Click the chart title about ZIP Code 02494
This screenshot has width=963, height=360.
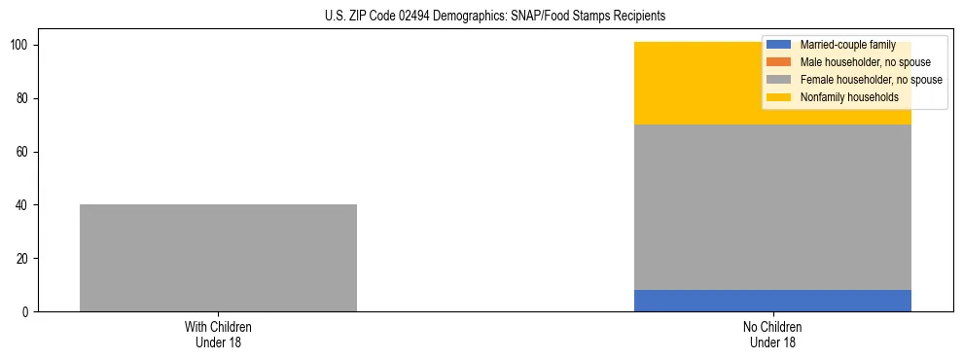click(x=495, y=17)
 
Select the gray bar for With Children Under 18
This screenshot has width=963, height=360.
click(x=218, y=258)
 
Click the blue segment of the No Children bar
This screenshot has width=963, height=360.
click(x=772, y=301)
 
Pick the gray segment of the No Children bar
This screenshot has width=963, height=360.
click(x=772, y=207)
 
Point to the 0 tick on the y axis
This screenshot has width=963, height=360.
click(x=30, y=312)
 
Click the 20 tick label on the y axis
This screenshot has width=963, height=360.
click(x=27, y=259)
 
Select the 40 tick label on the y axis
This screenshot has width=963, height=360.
click(x=27, y=205)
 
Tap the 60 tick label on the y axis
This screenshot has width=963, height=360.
click(x=27, y=152)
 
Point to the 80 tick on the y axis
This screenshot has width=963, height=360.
click(x=27, y=98)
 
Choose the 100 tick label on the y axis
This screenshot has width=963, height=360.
click(x=24, y=46)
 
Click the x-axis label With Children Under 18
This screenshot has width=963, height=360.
click(x=218, y=334)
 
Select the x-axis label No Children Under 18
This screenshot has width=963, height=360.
click(x=772, y=334)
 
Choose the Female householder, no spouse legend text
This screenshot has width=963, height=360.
click(x=871, y=80)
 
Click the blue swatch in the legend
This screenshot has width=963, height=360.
click(x=779, y=45)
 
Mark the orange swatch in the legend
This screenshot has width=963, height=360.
click(x=779, y=62)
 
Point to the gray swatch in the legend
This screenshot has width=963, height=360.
click(x=779, y=80)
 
